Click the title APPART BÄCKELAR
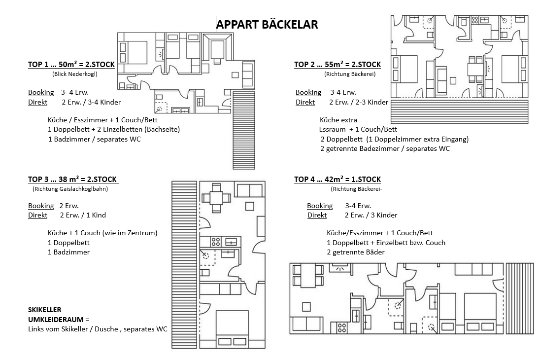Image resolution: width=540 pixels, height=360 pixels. [x=267, y=24]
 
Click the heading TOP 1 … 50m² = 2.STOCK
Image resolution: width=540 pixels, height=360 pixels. [x=71, y=65]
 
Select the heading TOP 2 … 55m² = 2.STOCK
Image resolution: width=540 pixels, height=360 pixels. [x=337, y=65]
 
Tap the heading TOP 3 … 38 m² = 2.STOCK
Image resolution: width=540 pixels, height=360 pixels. [x=73, y=179]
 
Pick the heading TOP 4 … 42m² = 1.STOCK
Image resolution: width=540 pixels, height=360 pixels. [x=337, y=180]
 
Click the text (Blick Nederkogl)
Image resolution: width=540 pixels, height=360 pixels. [x=74, y=74]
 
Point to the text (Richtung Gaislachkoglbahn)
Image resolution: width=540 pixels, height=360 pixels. [x=70, y=188]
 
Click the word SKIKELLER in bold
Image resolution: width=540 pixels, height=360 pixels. [x=45, y=310]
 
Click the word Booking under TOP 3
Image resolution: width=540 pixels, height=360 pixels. [x=41, y=206]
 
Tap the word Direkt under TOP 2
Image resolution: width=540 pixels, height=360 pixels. [x=305, y=102]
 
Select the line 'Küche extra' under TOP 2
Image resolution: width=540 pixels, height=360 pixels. [x=338, y=120]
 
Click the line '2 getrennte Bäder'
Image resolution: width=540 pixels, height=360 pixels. [x=355, y=252]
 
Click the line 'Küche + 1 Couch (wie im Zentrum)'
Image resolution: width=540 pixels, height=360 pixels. [x=102, y=233]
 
